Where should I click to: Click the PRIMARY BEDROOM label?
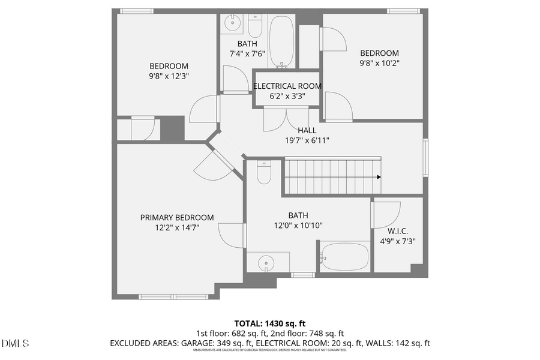point(176,217)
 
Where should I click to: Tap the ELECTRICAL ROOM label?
point(287,86)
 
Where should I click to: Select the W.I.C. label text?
point(398,231)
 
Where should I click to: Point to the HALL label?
point(307,130)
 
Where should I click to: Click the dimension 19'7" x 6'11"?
point(307,140)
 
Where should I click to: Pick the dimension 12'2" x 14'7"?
point(176,227)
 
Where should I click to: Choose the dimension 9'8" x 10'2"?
point(379,63)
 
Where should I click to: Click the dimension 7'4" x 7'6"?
point(247,53)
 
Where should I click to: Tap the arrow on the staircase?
point(379,177)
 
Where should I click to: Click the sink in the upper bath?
point(232,24)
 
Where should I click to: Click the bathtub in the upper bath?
point(281,41)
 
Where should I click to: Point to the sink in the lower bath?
point(266,262)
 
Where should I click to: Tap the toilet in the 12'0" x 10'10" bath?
point(265,173)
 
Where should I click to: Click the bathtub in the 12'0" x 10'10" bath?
point(344,257)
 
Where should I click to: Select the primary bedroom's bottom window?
point(173,296)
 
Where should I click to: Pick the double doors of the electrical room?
point(286,119)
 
